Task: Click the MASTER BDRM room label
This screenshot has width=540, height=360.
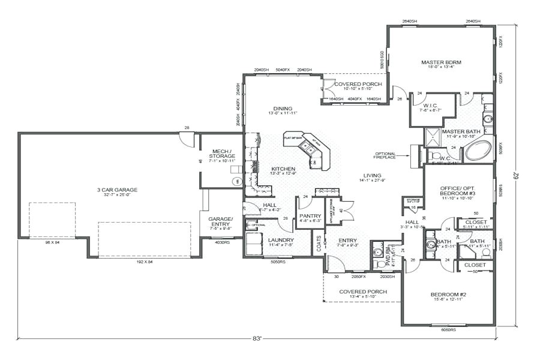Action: [441, 62]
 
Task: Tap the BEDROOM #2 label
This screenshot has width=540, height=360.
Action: [448, 295]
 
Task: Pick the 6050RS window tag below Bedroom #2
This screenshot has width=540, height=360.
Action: [448, 329]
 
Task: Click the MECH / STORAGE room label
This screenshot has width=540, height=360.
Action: [222, 156]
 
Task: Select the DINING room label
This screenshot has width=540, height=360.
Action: [283, 108]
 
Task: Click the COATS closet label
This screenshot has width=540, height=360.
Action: [318, 242]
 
